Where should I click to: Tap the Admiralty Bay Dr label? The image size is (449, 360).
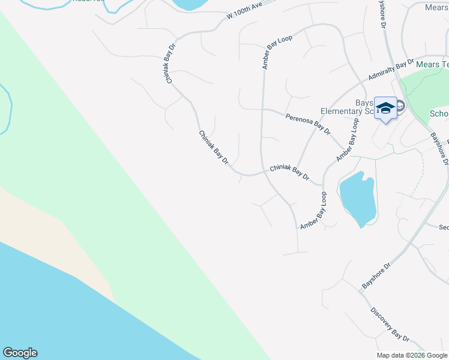pos(391,70)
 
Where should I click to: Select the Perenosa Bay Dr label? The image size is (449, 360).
pos(308,123)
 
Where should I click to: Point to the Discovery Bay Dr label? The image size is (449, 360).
pos(390,326)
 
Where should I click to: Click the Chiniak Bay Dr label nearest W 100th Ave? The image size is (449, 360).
pos(170,63)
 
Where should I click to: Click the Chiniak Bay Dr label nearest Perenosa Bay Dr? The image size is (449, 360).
pos(289,173)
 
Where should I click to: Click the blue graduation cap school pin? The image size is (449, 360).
pos(385,109)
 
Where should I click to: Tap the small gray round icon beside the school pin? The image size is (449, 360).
pos(400,107)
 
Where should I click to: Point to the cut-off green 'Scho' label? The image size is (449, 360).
pos(439,114)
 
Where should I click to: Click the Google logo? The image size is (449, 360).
pos(20,353)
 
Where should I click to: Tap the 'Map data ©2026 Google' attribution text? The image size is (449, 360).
pos(412,355)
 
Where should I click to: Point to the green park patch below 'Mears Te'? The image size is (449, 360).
pos(423,87)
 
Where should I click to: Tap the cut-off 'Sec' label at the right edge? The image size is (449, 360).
pos(444,227)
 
